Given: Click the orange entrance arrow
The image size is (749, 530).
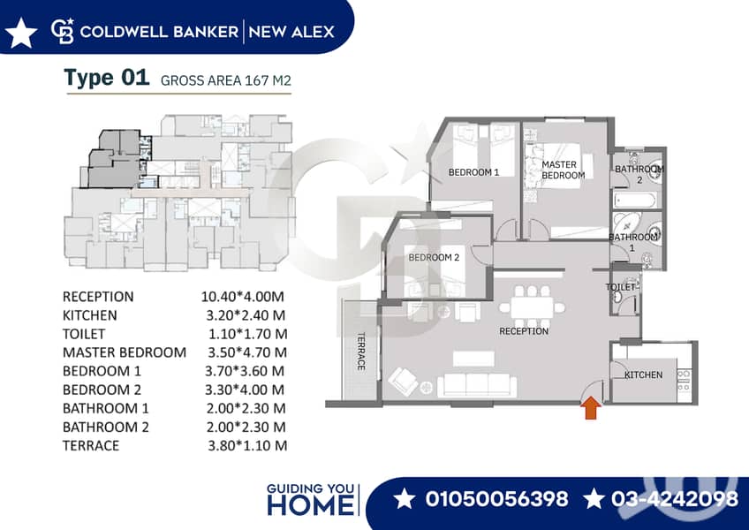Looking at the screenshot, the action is coord(593,407).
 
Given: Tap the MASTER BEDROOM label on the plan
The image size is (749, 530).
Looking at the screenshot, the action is coord(563,170).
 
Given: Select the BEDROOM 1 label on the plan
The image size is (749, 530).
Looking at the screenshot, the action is coord(473,172).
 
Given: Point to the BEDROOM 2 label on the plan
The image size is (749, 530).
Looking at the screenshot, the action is coord(434,258).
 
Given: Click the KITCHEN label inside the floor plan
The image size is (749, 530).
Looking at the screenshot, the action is coord(643,375).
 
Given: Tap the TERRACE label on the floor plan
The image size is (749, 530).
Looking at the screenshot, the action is coord(361,352).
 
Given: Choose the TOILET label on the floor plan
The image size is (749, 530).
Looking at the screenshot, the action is coord(621,287).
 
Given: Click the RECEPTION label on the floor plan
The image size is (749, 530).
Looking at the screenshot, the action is coord(524,331).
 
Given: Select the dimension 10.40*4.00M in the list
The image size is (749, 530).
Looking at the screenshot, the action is coord(243,296).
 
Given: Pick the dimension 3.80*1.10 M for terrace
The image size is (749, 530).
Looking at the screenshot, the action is coord(247,445).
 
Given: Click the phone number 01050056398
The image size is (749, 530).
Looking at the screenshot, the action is coord(496,498).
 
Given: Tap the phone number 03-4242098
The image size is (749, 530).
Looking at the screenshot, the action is coord(675,498).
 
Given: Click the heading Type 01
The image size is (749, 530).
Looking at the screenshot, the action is coord(107,78).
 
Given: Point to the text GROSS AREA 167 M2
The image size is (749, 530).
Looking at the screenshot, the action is coord(226,80).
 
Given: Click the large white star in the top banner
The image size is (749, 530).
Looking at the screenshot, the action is coord(21,33).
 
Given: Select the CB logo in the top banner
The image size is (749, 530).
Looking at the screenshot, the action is coord(63,31).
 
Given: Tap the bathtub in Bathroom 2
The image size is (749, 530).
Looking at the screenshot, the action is coord(634,200).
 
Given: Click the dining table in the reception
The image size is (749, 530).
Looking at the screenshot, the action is coord(532,307).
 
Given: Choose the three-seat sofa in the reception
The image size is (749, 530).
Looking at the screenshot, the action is coord(477,385).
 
